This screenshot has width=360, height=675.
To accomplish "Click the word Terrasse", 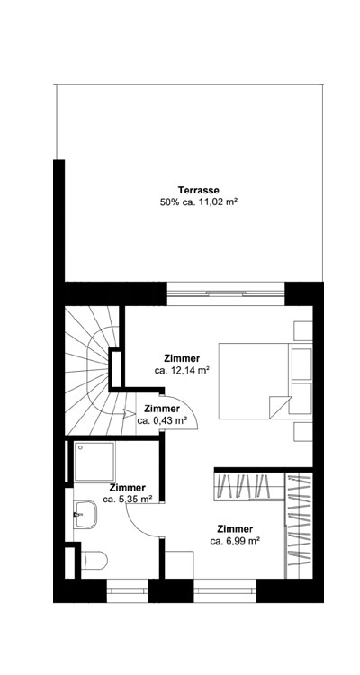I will [x=199, y=191].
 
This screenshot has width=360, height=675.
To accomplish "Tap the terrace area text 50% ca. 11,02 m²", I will [x=199, y=203].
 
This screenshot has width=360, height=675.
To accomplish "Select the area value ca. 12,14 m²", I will [x=182, y=370].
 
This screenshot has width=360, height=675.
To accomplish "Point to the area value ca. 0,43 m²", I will [x=162, y=420].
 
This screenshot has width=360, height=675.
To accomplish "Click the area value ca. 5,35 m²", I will [x=127, y=498].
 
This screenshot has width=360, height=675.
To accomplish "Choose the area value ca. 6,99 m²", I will [x=235, y=541].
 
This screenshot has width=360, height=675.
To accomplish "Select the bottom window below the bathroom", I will [x=127, y=589].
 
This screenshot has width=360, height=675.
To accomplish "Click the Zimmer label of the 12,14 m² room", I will [x=182, y=357].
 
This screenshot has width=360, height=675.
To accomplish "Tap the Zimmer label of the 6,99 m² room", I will [x=235, y=528].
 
